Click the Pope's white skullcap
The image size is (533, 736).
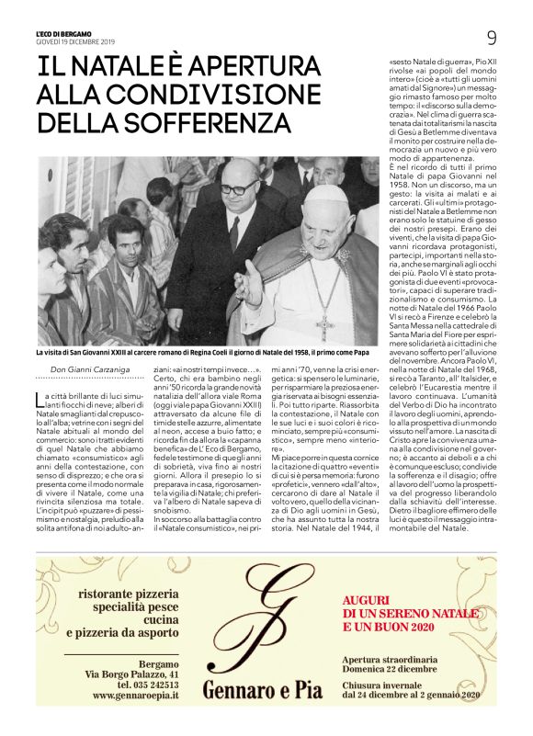click(325, 195)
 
